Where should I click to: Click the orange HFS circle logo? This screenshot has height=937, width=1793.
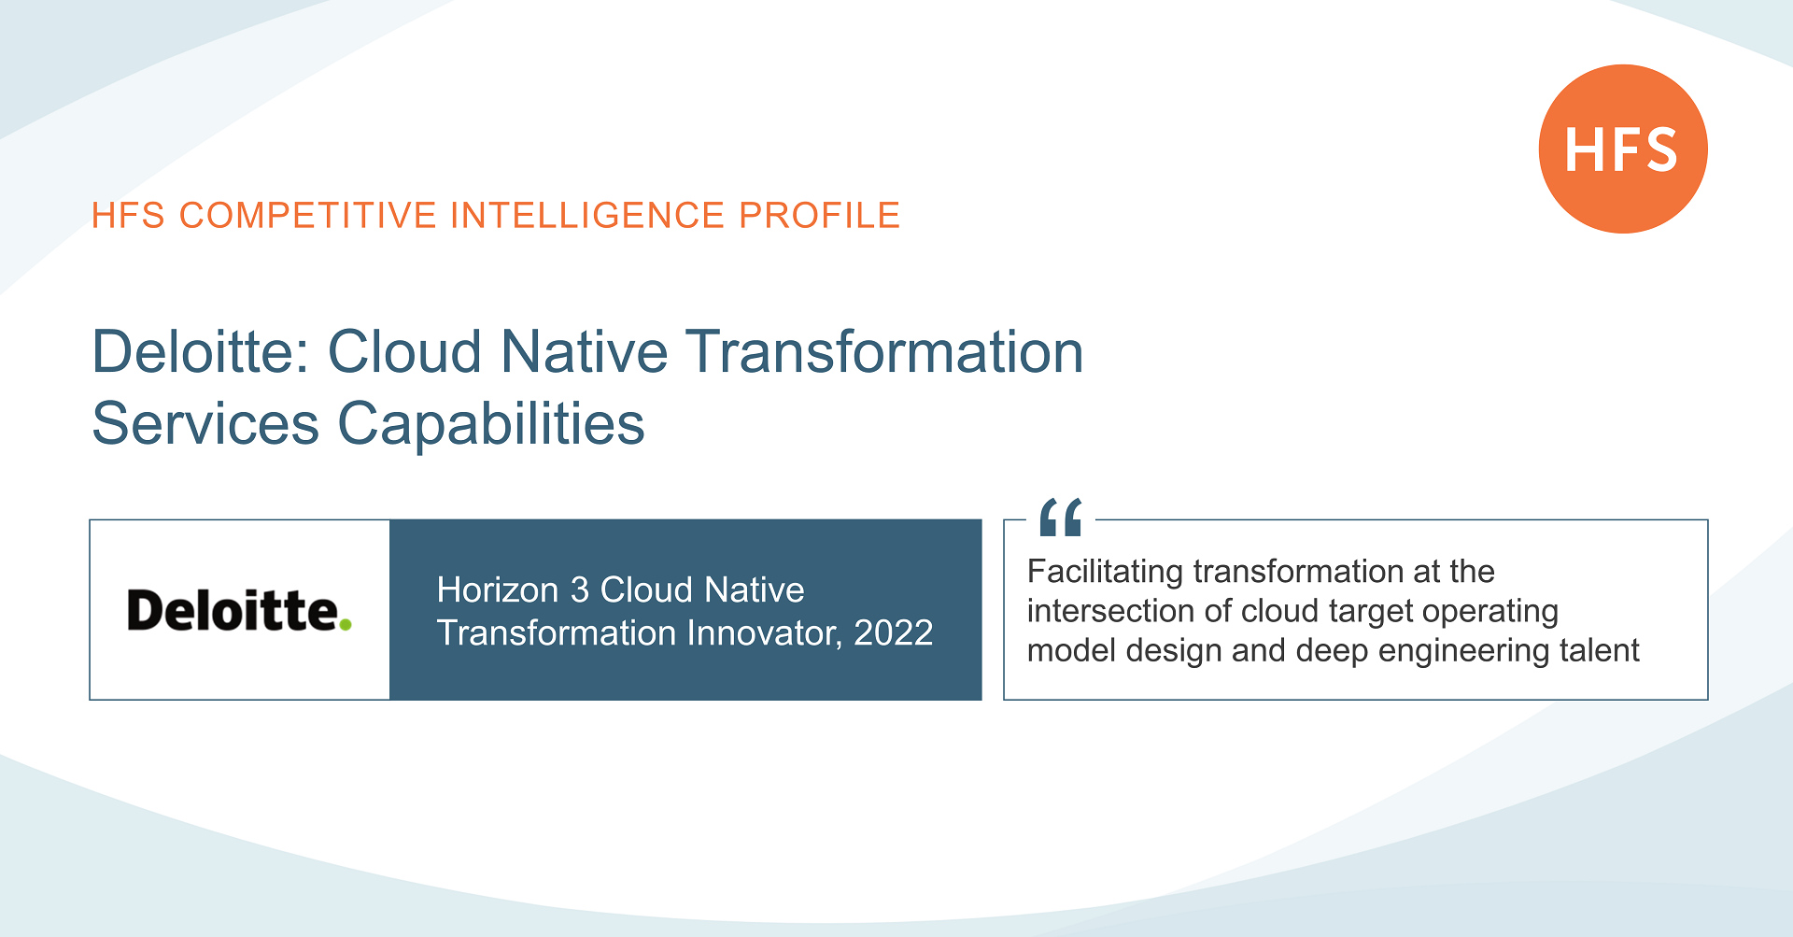tap(1622, 149)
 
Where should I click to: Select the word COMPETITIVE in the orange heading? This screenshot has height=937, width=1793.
tap(308, 216)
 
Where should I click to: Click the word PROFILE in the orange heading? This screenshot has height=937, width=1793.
tap(819, 216)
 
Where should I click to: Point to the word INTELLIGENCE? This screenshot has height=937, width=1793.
tap(587, 216)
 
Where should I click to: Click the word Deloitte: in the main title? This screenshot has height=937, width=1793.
tap(201, 352)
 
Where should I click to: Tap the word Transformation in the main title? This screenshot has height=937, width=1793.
tap(884, 352)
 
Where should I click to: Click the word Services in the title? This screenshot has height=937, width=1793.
tap(205, 424)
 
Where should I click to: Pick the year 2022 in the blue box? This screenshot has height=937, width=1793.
tap(893, 633)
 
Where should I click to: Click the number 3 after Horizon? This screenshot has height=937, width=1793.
tap(579, 590)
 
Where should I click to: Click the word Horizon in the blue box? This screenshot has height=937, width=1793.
tap(497, 590)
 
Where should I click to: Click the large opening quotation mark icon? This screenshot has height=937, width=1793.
tap(1061, 518)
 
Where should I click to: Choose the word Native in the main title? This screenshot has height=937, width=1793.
tap(584, 352)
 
